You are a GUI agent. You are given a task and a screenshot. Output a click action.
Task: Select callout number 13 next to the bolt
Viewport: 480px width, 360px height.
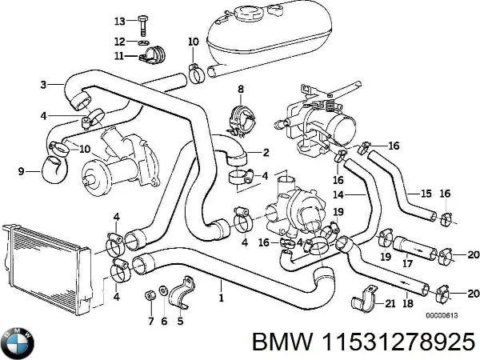click(120, 20)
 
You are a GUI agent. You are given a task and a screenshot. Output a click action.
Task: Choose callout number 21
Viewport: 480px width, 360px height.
click(390, 302)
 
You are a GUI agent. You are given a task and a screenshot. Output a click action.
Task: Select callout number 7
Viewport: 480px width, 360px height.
click(150, 321)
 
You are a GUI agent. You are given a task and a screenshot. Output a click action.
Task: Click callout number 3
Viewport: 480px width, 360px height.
click(43, 83)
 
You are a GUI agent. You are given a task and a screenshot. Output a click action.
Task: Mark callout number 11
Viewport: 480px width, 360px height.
click(120, 56)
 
